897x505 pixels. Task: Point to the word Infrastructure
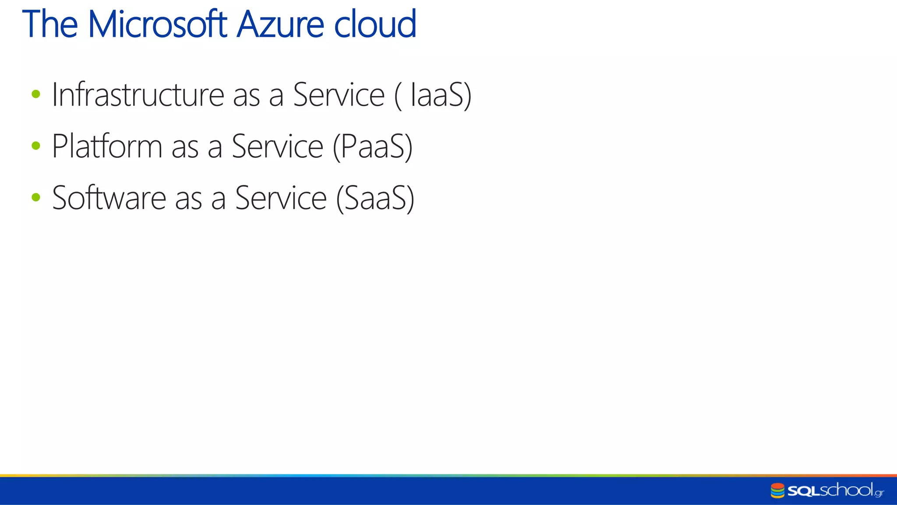138,95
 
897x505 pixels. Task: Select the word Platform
107,146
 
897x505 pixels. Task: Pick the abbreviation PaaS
372,146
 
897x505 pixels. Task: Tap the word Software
109,198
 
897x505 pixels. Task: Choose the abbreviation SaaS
375,198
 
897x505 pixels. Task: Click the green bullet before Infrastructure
36,94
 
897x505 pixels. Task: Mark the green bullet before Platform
36,145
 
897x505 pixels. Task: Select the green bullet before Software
36,197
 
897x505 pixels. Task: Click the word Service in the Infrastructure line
339,95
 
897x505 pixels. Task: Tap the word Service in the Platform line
277,146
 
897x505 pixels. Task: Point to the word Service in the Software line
281,198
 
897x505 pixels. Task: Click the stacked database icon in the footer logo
777,491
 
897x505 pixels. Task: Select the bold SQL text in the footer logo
803,491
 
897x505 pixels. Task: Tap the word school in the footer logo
846,490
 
